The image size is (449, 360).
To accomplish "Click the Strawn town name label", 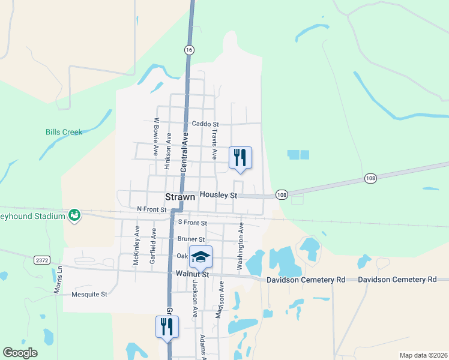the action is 180,196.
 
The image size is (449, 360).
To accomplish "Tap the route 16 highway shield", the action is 189,51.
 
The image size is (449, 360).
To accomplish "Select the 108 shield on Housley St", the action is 282,195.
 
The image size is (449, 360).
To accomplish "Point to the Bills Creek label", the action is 64,132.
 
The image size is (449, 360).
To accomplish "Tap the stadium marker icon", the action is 74,215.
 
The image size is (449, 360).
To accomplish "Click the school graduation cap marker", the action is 200,257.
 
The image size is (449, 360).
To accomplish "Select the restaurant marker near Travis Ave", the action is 240,158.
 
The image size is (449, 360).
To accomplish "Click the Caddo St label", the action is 204,124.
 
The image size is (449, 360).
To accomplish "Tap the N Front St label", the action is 151,209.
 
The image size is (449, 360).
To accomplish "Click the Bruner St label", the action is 191,239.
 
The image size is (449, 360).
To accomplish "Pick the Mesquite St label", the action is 89,295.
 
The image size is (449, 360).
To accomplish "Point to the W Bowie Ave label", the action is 155,137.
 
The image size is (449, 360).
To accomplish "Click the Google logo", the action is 20,353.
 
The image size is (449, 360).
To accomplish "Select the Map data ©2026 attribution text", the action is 423,355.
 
